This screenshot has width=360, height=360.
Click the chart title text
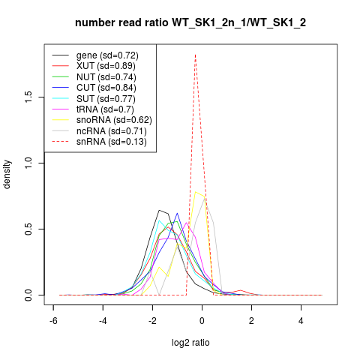pyautogui.click(x=190, y=23)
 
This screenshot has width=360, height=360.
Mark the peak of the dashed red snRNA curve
pyautogui.click(x=195, y=55)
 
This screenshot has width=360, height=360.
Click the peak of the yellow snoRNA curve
pyautogui.click(x=195, y=192)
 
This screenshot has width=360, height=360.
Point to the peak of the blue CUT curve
pyautogui.click(x=177, y=213)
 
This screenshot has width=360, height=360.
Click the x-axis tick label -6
pyautogui.click(x=53, y=321)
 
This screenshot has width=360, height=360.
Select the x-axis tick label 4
pyautogui.click(x=301, y=321)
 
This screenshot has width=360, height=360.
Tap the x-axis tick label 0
pyautogui.click(x=202, y=321)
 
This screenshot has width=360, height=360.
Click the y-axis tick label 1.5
pyautogui.click(x=28, y=97)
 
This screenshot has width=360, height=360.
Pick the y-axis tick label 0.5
pyautogui.click(x=28, y=229)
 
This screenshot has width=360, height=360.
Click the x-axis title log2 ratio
pyautogui.click(x=190, y=343)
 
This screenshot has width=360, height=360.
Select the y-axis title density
pyautogui.click(x=7, y=175)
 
